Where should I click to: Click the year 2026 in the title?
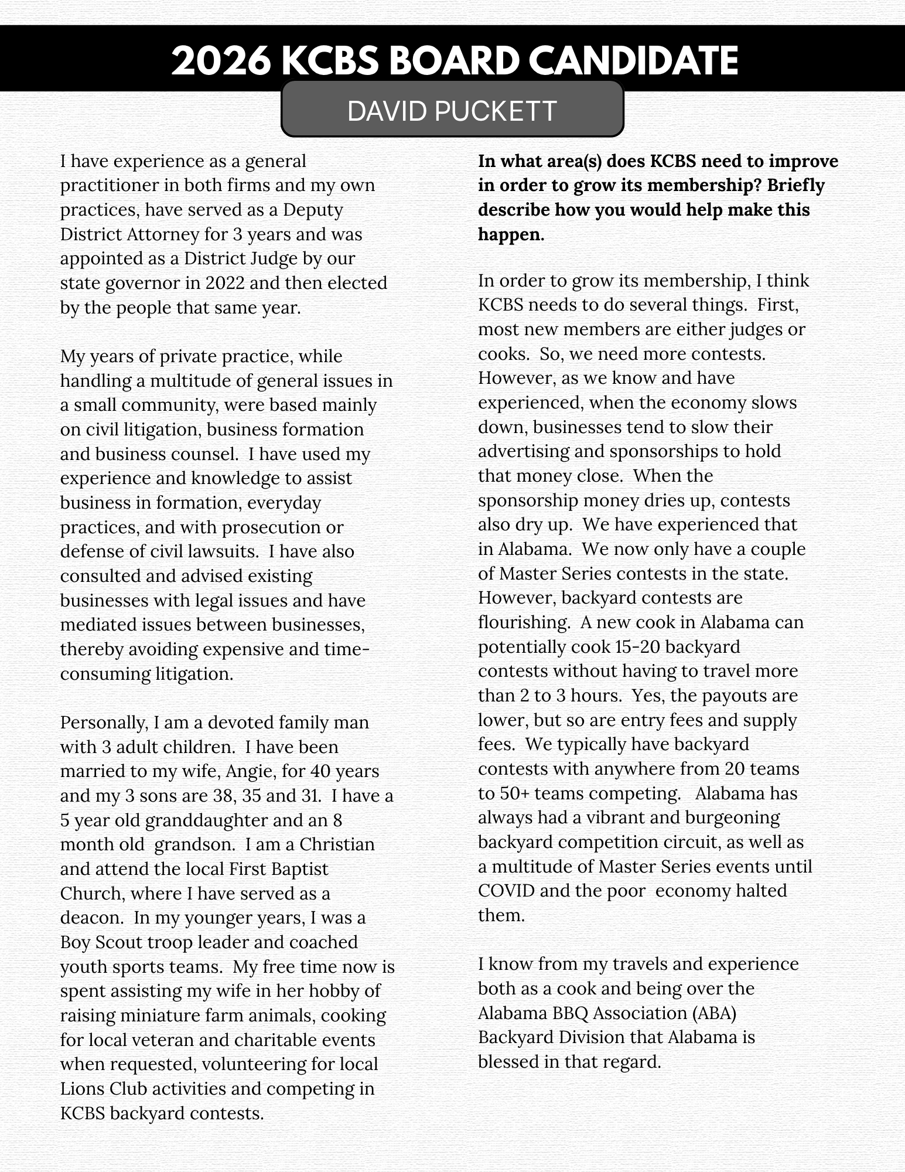(x=221, y=60)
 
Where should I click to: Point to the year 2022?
(x=227, y=283)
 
